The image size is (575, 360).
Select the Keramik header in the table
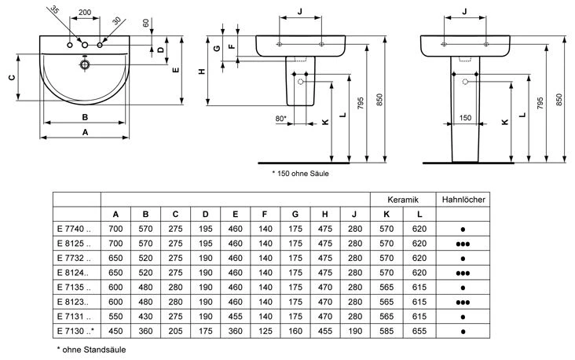click(x=402, y=200)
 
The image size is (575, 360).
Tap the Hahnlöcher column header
click(x=463, y=200)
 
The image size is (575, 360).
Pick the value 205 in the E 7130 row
click(x=176, y=330)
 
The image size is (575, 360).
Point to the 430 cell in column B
click(x=146, y=315)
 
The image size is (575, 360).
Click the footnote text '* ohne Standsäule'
click(x=93, y=348)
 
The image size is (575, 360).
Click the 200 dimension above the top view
click(x=86, y=14)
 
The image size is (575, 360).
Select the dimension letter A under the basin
click(x=85, y=133)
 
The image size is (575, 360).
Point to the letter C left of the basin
click(x=11, y=79)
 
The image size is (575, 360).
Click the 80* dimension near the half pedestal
click(x=280, y=119)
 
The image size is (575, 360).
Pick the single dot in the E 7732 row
click(x=463, y=258)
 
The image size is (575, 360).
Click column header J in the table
click(x=354, y=215)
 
